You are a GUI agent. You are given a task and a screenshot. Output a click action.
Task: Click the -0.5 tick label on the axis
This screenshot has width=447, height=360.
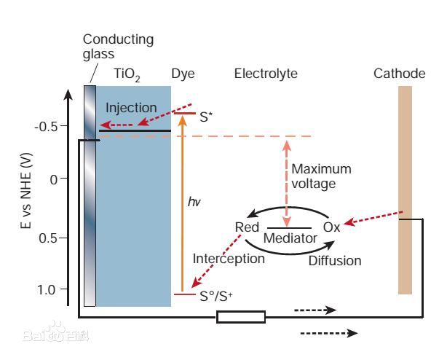coord(46,127)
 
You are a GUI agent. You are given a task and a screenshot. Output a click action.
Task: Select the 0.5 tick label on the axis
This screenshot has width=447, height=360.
coord(48,238)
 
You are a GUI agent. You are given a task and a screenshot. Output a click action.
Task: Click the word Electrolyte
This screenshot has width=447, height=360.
coord(266,74)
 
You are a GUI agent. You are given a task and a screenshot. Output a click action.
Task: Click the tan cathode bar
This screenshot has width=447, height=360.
coord(405,189)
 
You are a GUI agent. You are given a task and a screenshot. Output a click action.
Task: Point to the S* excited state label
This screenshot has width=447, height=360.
coord(206,114)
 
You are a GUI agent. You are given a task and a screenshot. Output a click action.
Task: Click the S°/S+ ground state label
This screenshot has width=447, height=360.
coord(216,296)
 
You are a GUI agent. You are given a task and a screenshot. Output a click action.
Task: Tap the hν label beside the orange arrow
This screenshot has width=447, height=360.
coord(194,202)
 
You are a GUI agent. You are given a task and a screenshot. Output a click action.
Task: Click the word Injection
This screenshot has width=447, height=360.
coord(131,108)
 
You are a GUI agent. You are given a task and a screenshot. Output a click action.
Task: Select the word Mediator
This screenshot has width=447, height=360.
coord(290,238)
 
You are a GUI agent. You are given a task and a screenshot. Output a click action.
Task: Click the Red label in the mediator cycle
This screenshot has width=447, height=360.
coord(247,227)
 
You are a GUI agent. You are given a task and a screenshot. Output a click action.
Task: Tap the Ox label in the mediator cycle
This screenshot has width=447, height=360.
coord(331,227)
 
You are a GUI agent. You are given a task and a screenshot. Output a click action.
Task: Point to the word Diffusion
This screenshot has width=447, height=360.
coord(335,260)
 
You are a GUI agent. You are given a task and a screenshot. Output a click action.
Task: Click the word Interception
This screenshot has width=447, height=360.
coord(229,259)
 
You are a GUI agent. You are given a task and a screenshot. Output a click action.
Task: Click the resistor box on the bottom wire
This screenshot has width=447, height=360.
coord(241,316)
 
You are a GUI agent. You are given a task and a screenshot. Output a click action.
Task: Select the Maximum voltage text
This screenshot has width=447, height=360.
coord(321,176)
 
